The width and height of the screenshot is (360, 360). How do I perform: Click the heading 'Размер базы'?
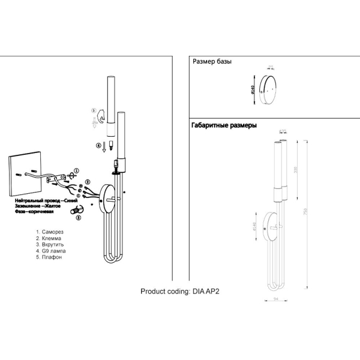pos(212,62)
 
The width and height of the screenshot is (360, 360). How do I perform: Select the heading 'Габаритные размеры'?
pos(224,126)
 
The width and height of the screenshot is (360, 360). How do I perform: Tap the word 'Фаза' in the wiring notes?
pos(22,211)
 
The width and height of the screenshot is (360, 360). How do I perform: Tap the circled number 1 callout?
pos(76,171)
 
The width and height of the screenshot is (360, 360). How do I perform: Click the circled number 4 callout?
pos(98,145)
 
